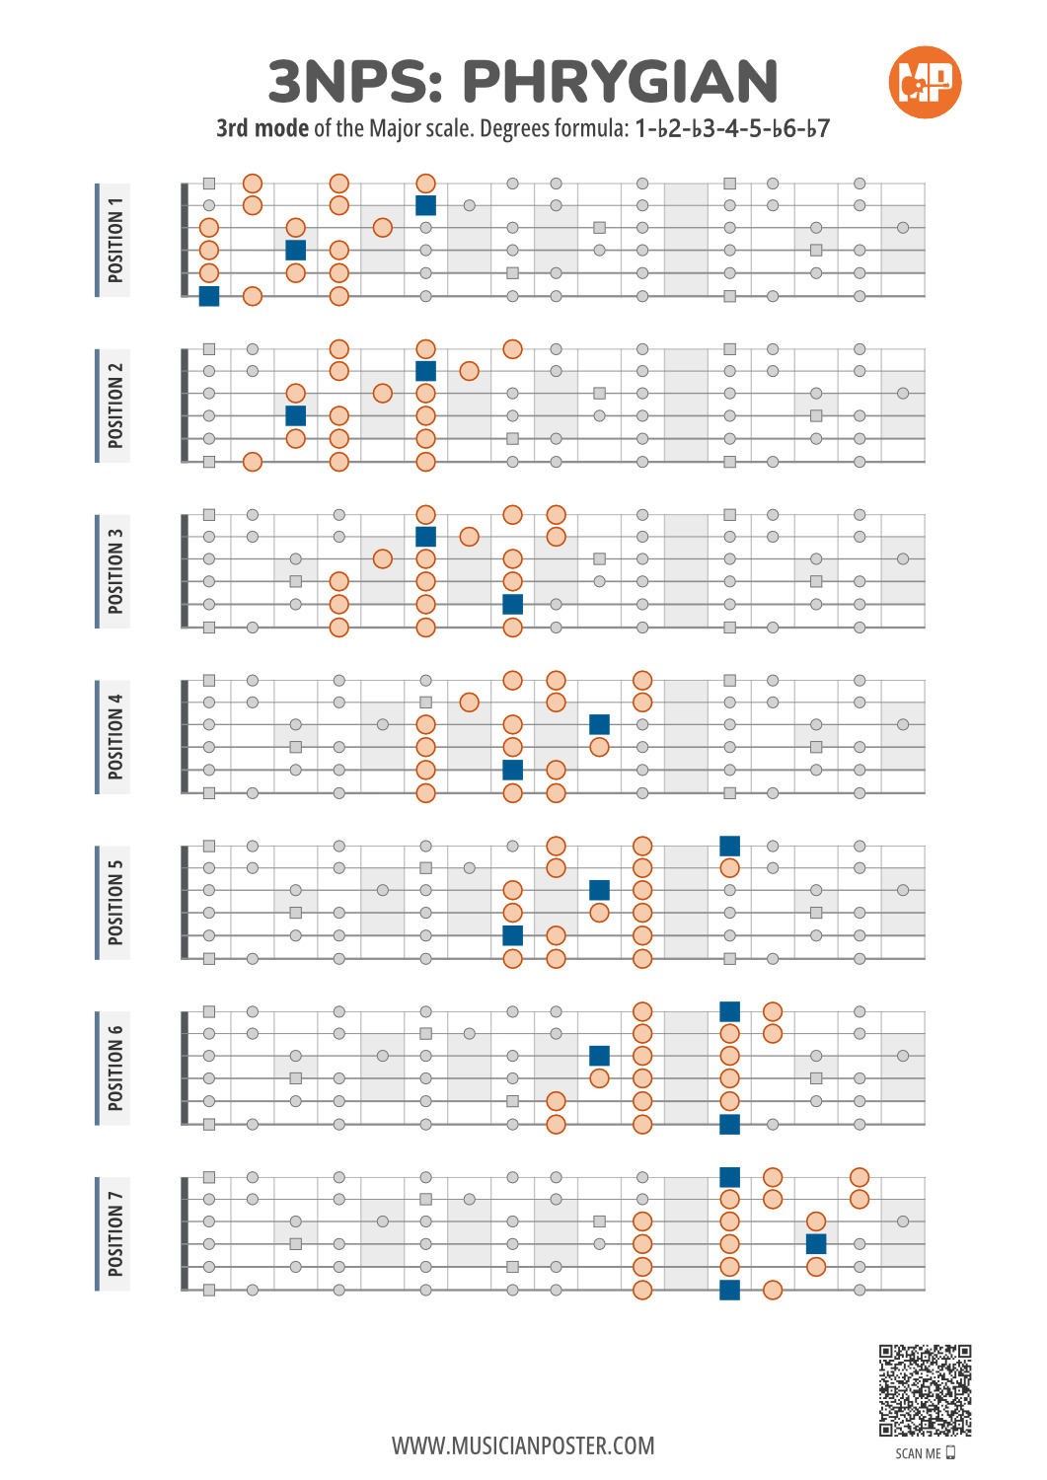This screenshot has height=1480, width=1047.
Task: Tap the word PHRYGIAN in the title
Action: (x=620, y=82)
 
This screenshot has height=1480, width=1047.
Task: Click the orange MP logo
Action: (x=925, y=82)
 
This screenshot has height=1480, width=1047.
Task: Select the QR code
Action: (x=926, y=1390)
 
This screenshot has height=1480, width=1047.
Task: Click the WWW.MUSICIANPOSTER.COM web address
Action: (x=523, y=1445)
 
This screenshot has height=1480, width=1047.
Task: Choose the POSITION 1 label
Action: (x=115, y=240)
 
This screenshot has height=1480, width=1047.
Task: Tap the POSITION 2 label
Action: (x=115, y=406)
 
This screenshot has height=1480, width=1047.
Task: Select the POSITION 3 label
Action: (x=115, y=571)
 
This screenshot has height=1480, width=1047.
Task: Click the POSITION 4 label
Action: (x=115, y=737)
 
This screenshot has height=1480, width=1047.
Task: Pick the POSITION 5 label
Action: (x=115, y=903)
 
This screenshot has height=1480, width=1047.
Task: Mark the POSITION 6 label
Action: (x=115, y=1069)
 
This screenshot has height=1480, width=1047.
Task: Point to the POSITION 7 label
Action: (x=115, y=1234)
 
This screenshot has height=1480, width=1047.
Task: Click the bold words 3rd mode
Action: (x=262, y=128)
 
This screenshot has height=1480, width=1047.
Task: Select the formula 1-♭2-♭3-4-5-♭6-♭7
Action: (x=731, y=128)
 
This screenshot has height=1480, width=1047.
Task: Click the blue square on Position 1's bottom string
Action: (x=209, y=296)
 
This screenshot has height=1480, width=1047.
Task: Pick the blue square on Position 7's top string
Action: (x=729, y=1177)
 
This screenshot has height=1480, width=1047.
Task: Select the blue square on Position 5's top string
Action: (x=729, y=846)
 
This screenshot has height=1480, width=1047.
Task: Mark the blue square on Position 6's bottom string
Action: (x=729, y=1124)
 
